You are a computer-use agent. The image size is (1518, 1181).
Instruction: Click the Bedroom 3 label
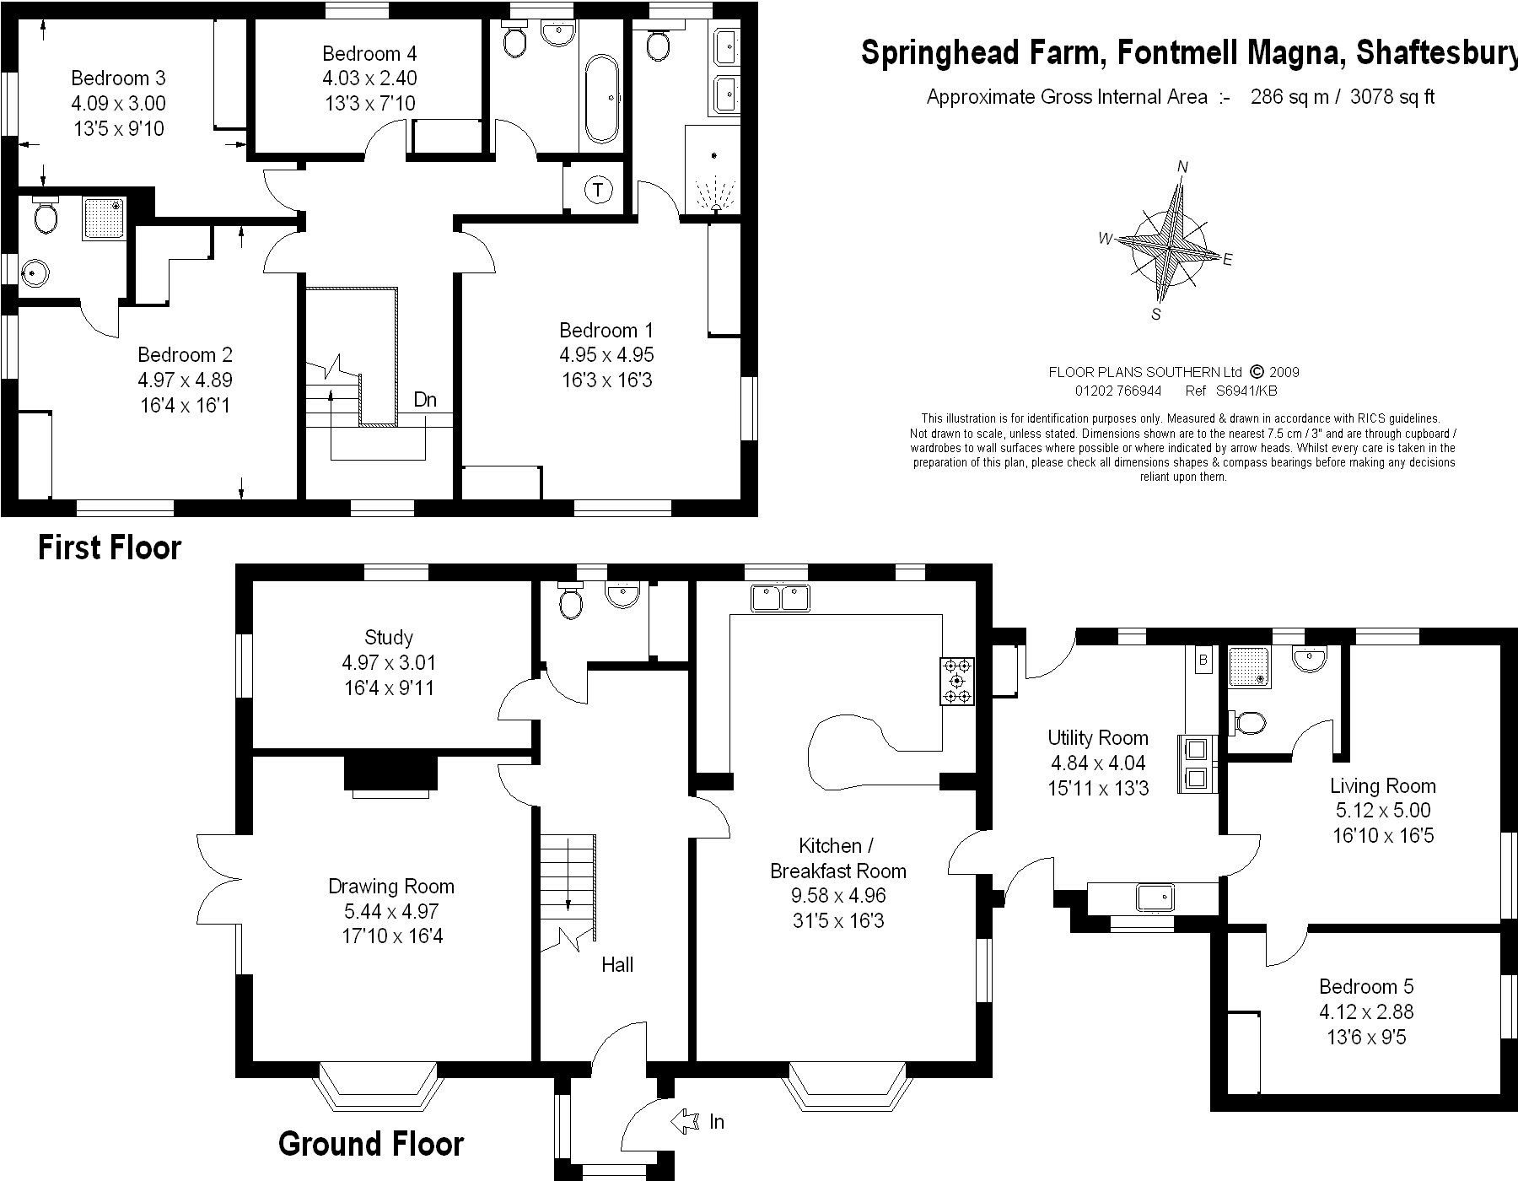118,78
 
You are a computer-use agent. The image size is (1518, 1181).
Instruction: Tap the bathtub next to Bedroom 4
600,100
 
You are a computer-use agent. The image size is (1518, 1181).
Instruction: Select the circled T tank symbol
598,190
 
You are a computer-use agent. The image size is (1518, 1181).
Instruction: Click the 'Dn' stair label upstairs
425,400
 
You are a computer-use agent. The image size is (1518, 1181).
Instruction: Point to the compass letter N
1182,167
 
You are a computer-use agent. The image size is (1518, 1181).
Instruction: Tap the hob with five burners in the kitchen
956,681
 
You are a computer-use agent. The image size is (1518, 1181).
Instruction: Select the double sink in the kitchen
780,598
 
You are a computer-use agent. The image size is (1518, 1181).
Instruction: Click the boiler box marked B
1203,661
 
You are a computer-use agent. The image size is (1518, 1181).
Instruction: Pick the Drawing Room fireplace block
390,772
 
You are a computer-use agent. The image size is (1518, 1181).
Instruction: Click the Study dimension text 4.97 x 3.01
389,663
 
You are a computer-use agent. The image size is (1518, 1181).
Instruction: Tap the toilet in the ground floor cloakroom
571,602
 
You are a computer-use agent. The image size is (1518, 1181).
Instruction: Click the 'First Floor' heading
110,548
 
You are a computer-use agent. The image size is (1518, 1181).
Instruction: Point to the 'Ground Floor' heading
371,1144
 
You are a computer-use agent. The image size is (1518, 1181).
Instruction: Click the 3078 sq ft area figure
1391,97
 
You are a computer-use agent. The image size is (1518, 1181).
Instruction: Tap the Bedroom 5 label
1366,986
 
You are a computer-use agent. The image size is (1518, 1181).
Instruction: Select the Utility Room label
1098,738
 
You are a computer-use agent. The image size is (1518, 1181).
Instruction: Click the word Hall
617,964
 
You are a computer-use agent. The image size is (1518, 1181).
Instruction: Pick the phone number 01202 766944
1118,391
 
